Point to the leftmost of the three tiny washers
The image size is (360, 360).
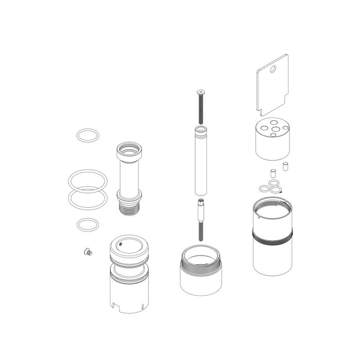pos(264,187)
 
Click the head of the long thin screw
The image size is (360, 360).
pos(200,92)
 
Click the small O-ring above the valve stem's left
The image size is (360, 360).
pos(88,136)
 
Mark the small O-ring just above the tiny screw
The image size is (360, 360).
pos(88,225)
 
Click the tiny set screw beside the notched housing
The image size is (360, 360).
pos(86,251)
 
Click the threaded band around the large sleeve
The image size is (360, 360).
pos(272,238)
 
